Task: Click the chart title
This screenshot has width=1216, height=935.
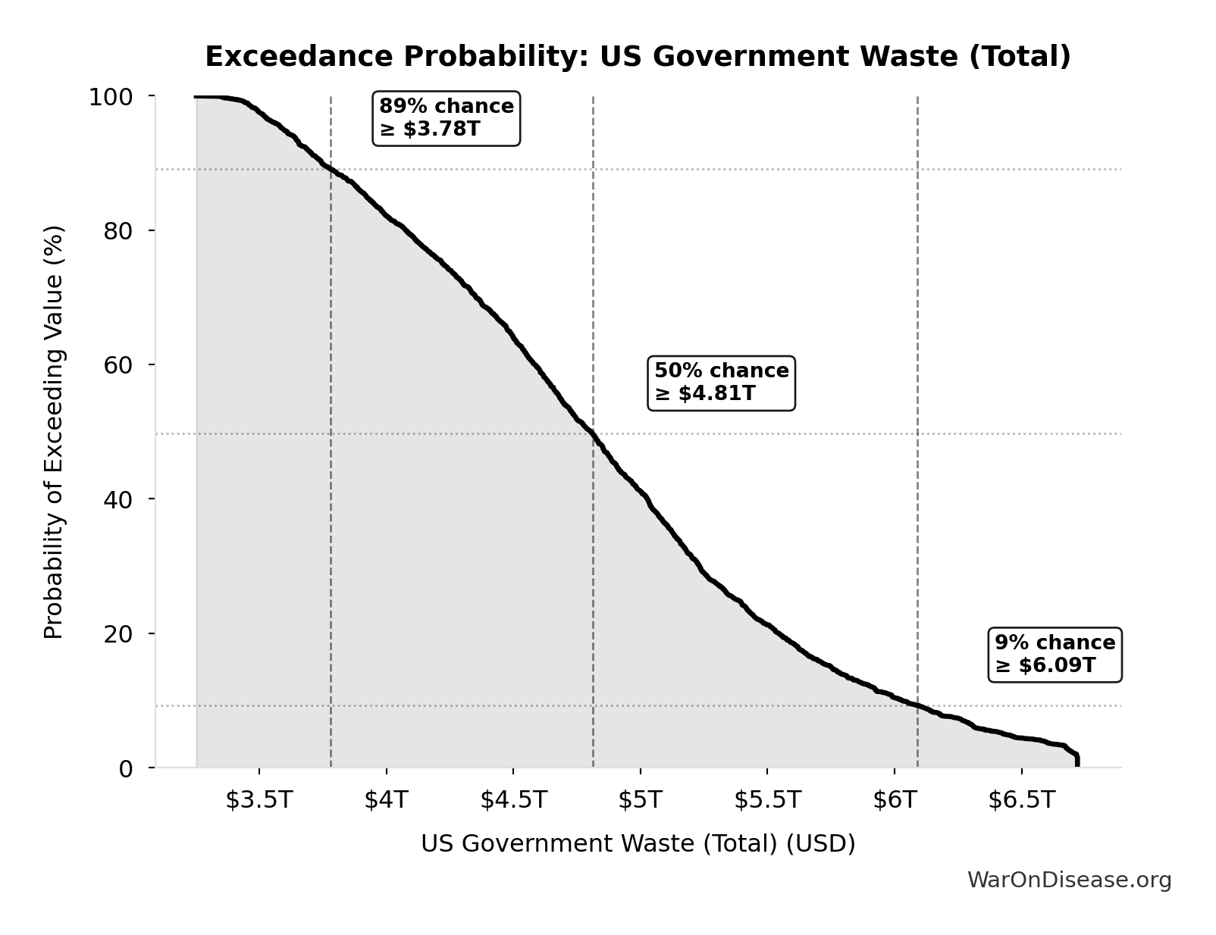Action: (x=638, y=57)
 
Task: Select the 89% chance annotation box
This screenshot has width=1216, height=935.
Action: (x=447, y=118)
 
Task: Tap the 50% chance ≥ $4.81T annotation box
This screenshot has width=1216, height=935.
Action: (x=721, y=383)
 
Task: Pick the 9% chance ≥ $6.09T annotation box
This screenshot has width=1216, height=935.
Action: (x=1055, y=655)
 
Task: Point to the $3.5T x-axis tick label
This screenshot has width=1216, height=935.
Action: (x=259, y=800)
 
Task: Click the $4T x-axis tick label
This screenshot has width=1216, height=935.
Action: (x=386, y=800)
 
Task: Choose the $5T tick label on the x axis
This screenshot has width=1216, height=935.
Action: (x=640, y=800)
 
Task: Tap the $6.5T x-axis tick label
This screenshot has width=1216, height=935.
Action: (x=1021, y=800)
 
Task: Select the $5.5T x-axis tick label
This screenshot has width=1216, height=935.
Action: (x=767, y=800)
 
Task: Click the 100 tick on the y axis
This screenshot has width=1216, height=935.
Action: (x=111, y=97)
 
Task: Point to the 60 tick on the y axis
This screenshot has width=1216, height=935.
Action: (x=118, y=365)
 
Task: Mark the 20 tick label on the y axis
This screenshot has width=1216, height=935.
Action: (x=118, y=633)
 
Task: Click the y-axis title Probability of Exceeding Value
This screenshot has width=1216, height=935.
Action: (x=54, y=432)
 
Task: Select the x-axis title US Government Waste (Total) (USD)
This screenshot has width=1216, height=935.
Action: (x=638, y=844)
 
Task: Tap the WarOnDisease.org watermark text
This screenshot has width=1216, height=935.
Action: (x=1069, y=880)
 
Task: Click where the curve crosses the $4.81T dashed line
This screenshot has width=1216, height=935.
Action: (x=593, y=434)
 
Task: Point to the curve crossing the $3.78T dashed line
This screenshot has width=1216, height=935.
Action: (x=331, y=169)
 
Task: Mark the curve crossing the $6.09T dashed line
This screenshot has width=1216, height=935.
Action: (x=917, y=706)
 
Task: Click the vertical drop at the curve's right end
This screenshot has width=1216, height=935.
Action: (x=1077, y=760)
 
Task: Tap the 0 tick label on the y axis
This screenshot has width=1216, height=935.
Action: (x=126, y=768)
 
